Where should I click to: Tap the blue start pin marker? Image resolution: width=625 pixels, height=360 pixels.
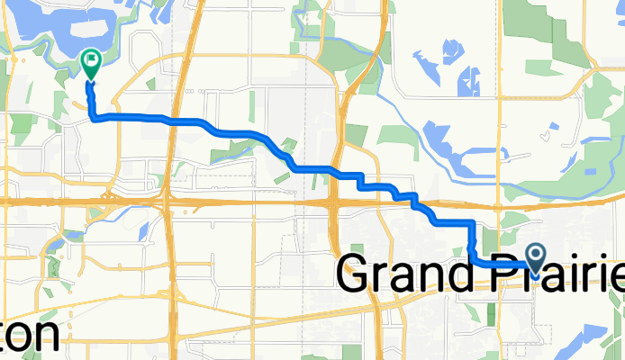[x=536, y=256]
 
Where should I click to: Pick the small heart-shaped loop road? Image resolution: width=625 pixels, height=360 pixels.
[x=544, y=136]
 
